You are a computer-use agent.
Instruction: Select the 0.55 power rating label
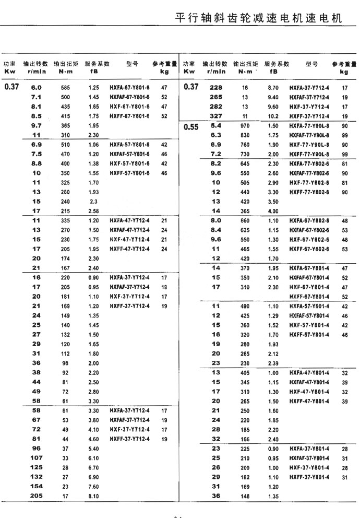[x=191, y=127]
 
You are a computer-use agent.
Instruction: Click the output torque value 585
[x=65, y=88]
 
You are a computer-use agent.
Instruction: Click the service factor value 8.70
[x=273, y=88]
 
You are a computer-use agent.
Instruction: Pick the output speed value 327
[x=216, y=116]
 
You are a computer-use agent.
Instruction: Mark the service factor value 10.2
[x=273, y=116]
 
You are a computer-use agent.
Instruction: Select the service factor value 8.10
[x=93, y=496]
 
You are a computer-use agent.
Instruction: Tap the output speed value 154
[x=37, y=487]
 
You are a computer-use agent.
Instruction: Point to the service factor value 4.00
[x=273, y=211]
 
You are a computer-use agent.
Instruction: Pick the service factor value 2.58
[x=93, y=211]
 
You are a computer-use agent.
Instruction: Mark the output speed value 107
[x=37, y=458]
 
